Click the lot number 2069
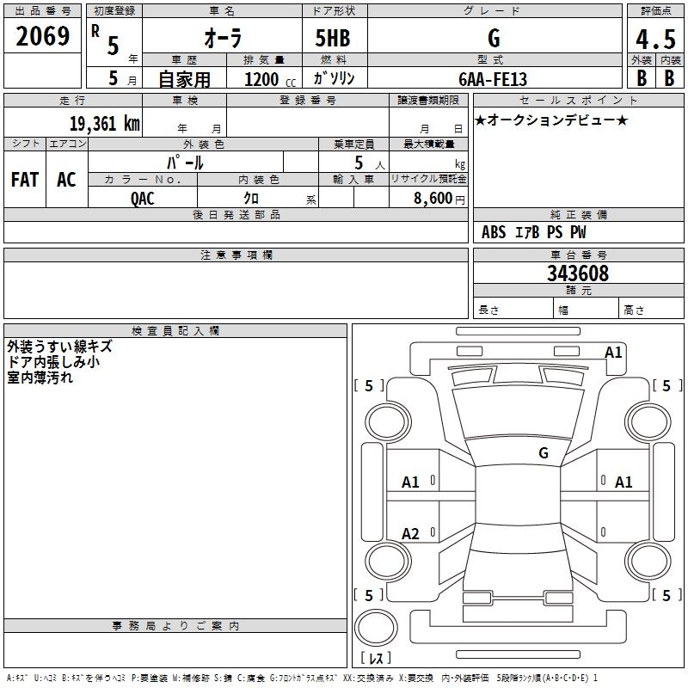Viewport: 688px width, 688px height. [x=43, y=37]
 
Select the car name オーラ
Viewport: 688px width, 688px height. [x=221, y=40]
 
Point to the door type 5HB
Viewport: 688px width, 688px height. [x=333, y=40]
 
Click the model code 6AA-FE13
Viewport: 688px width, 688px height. [x=493, y=78]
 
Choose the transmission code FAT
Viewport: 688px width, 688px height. [x=24, y=179]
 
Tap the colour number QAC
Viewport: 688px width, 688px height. [x=143, y=197]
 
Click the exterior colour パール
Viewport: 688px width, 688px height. [x=185, y=162]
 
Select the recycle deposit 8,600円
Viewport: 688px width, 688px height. [x=439, y=197]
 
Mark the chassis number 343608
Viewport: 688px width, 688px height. [x=578, y=273]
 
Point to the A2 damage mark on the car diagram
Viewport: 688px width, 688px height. [x=411, y=534]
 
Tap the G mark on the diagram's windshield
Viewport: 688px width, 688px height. [x=544, y=453]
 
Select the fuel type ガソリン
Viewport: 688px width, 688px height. [x=335, y=78]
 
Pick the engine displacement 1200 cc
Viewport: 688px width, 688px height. [x=265, y=79]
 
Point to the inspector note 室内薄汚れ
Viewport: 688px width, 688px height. [x=41, y=378]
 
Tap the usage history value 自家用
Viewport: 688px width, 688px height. [x=184, y=79]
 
